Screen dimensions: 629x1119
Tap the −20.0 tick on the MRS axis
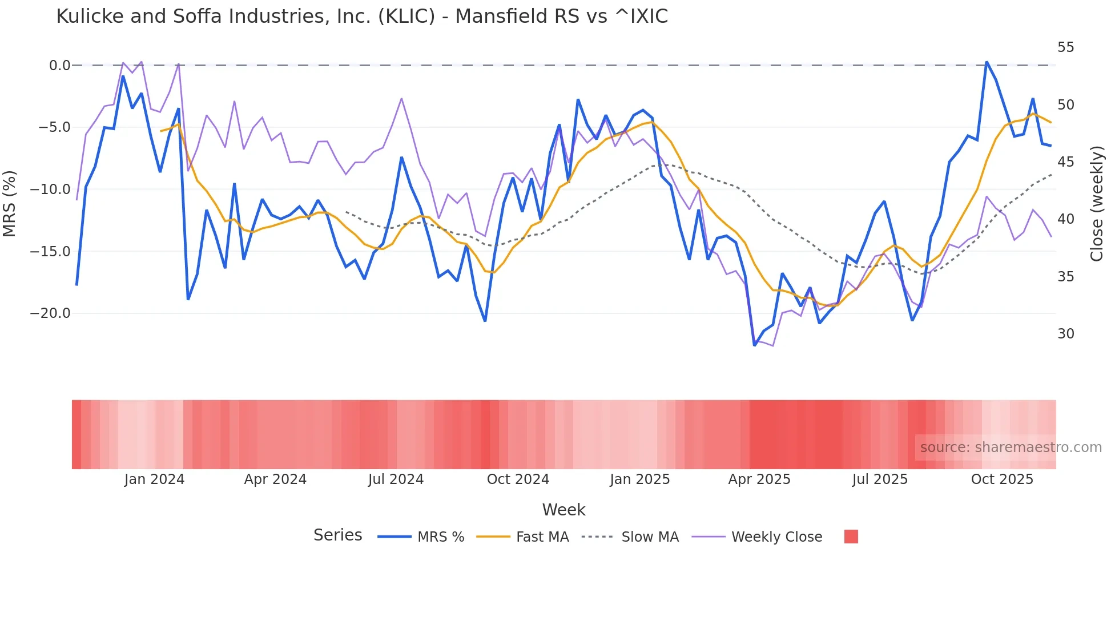50,313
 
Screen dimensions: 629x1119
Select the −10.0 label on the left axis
50,189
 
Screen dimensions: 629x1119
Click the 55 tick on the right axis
1065,47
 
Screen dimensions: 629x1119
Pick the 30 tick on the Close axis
1065,334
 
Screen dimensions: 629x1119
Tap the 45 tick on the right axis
1065,162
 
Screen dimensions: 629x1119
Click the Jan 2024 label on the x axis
154,479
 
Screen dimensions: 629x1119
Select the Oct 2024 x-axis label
518,479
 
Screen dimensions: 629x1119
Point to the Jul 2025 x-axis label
880,479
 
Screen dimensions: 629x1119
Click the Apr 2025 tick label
759,479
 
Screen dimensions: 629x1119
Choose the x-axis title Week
563,510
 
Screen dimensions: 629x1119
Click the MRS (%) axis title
10,204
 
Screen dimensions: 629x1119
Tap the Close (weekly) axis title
1096,204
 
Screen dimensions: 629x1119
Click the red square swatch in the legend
851,537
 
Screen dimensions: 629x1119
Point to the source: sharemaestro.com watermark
1011,447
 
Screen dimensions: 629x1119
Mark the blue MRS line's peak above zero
986,62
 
